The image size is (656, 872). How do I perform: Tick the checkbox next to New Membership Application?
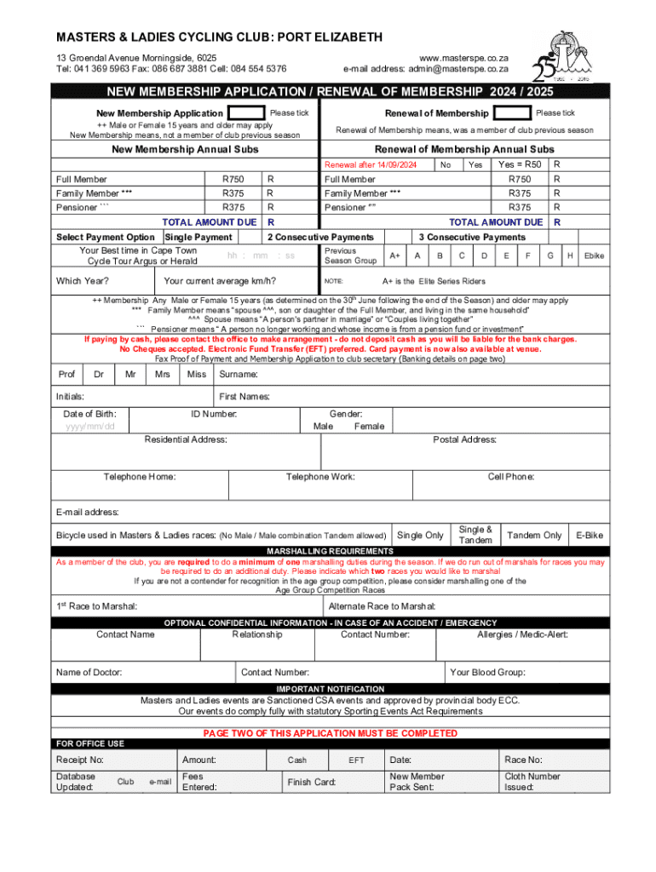(x=246, y=113)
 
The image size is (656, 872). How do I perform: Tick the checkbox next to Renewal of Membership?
(x=511, y=113)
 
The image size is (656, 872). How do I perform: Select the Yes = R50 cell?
(x=519, y=164)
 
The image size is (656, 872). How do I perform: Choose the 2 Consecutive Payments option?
(x=320, y=237)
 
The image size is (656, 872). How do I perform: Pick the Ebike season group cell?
(x=594, y=255)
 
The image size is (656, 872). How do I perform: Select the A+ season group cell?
(x=395, y=255)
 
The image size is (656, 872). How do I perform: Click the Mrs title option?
(x=162, y=374)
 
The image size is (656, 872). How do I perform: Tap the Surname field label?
(x=239, y=374)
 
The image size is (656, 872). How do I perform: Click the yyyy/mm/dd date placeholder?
(x=89, y=427)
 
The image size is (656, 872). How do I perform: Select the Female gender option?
(x=369, y=426)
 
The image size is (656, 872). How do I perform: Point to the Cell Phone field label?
(x=511, y=477)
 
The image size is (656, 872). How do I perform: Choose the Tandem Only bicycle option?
(x=534, y=535)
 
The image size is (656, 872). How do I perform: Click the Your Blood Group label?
(x=487, y=673)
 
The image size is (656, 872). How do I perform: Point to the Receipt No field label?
(x=80, y=760)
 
